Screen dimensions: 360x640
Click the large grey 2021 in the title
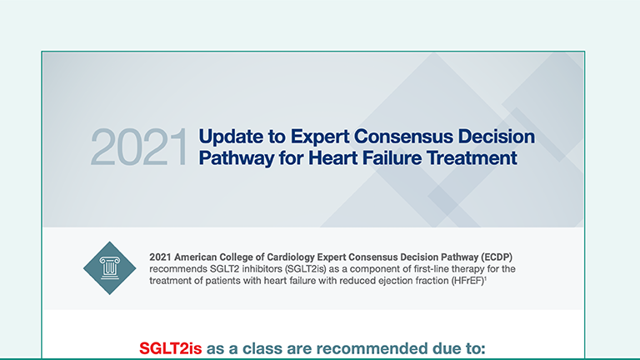point(139,147)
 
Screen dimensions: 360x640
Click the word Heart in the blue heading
point(334,157)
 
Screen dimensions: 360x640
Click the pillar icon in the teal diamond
point(109,267)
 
